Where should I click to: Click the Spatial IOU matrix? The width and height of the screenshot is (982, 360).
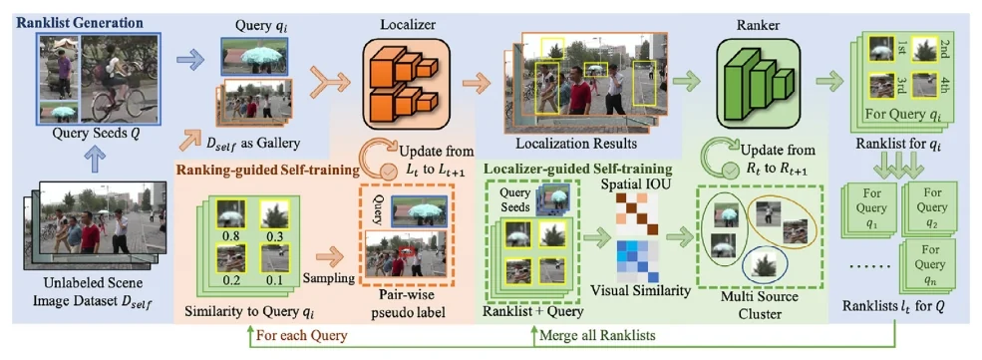coord(635,212)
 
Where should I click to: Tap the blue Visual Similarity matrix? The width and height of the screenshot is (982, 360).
coord(635,261)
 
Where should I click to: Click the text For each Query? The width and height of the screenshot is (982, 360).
coord(302,335)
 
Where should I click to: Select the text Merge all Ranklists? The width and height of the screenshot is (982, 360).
coord(597,335)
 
